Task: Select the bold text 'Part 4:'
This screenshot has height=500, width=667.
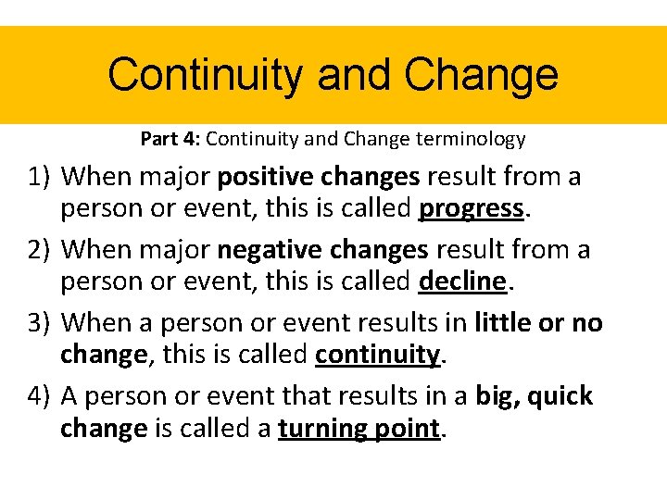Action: click(170, 140)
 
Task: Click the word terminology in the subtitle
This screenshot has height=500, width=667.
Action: click(473, 140)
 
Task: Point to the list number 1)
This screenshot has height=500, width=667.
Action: click(38, 176)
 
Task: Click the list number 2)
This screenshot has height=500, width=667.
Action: click(38, 249)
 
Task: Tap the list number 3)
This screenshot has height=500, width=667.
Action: click(38, 322)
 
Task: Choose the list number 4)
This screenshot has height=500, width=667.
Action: click(38, 395)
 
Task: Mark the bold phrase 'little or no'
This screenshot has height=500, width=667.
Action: click(538, 322)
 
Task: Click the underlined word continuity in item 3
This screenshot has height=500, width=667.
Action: click(377, 356)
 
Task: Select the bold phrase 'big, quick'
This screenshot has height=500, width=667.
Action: click(534, 395)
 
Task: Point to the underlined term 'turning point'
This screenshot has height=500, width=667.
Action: click(359, 429)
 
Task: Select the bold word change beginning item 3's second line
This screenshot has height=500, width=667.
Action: click(103, 356)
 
